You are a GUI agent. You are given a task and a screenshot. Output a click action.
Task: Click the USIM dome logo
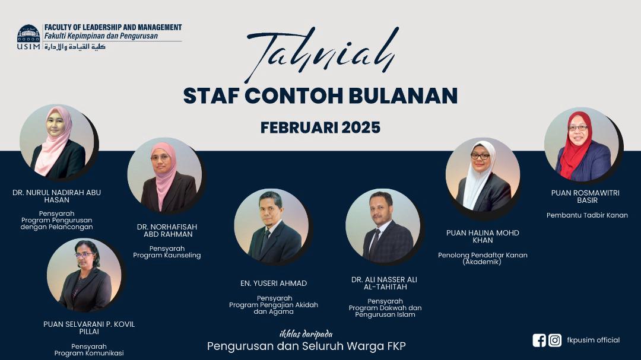coord(28,33)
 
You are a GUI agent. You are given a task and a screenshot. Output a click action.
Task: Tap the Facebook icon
coord(539,340)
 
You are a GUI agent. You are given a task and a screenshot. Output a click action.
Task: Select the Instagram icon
coord(555,340)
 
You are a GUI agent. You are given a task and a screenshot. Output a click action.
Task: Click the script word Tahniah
coord(322,53)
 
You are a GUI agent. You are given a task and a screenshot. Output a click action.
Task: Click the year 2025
coord(361,128)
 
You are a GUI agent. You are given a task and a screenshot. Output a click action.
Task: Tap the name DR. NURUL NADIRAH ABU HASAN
coord(57,196)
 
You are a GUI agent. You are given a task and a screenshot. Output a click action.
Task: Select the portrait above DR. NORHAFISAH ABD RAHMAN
coord(164,175)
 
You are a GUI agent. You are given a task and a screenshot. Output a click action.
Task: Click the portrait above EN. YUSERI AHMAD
coord(271,226)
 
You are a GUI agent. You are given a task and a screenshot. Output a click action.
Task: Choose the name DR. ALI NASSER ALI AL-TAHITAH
coord(384,283)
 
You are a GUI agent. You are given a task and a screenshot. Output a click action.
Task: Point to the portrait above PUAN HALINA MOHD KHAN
coord(483,175)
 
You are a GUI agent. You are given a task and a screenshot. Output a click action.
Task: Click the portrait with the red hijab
coord(582,145)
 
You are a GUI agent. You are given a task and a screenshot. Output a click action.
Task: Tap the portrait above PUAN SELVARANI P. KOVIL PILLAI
coord(84,276)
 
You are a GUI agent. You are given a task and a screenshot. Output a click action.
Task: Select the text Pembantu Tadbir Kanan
coord(587,215)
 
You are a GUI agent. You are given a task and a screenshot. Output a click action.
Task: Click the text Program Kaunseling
coord(167,256)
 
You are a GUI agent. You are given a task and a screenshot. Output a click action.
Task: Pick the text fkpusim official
coord(593,340)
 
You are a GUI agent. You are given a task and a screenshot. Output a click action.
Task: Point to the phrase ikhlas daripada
coord(306,334)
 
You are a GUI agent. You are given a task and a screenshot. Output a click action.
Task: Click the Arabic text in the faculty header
coord(75,47)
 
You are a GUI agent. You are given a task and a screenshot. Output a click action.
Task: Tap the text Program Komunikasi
coord(89,353)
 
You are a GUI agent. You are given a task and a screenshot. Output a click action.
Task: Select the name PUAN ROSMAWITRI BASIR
coord(585,196)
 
